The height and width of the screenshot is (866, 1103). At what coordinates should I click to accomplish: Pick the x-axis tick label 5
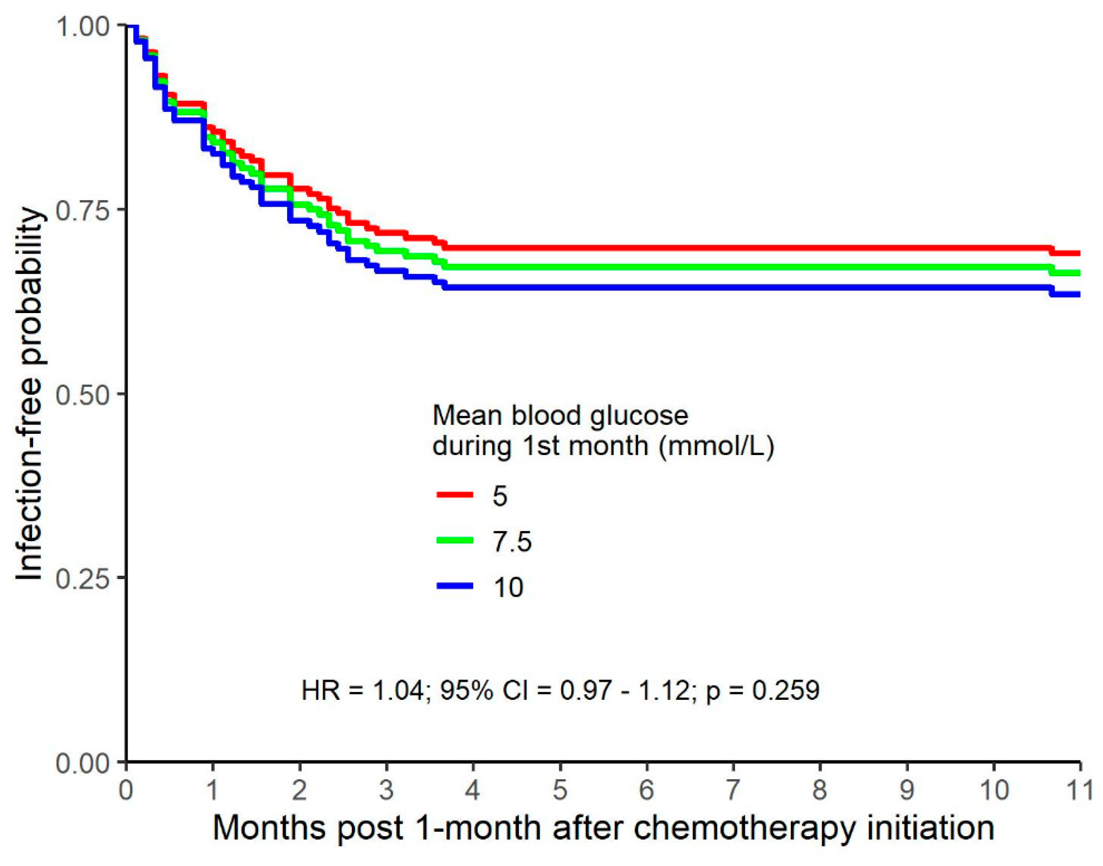click(560, 790)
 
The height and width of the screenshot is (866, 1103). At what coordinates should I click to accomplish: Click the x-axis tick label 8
click(819, 790)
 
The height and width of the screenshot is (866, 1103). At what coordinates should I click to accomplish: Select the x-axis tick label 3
click(386, 790)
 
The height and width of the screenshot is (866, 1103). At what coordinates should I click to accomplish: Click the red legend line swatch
click(455, 495)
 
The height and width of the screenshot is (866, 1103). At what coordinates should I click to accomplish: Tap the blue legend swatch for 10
click(455, 586)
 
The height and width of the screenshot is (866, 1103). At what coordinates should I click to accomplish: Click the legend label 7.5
click(512, 541)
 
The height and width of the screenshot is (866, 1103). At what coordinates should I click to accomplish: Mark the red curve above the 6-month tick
click(647, 248)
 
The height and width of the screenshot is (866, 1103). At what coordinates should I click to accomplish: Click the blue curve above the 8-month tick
click(819, 287)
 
